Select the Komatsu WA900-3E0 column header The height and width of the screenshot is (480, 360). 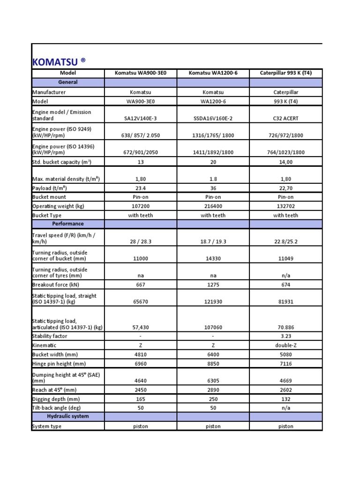pos(140,73)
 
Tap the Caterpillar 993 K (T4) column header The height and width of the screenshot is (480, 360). pos(285,73)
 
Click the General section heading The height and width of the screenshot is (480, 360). pos(68,82)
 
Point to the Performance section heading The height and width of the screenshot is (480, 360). pos(68,224)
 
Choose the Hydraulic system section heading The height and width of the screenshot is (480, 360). pos(68,416)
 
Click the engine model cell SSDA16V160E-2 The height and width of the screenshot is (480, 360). pos(213,119)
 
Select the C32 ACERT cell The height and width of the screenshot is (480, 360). pos(285,119)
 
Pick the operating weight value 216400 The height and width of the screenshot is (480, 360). pos(213,206)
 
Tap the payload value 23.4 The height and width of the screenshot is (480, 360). pos(140,188)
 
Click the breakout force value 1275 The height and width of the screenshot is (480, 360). pos(213,285)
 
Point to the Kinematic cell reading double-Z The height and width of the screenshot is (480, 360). pos(285,345)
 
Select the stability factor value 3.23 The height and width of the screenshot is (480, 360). pos(285,336)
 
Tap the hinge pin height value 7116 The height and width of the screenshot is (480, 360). pos(285,364)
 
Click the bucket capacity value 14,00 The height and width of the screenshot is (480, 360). pos(285,162)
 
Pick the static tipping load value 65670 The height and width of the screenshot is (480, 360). pos(140,302)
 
